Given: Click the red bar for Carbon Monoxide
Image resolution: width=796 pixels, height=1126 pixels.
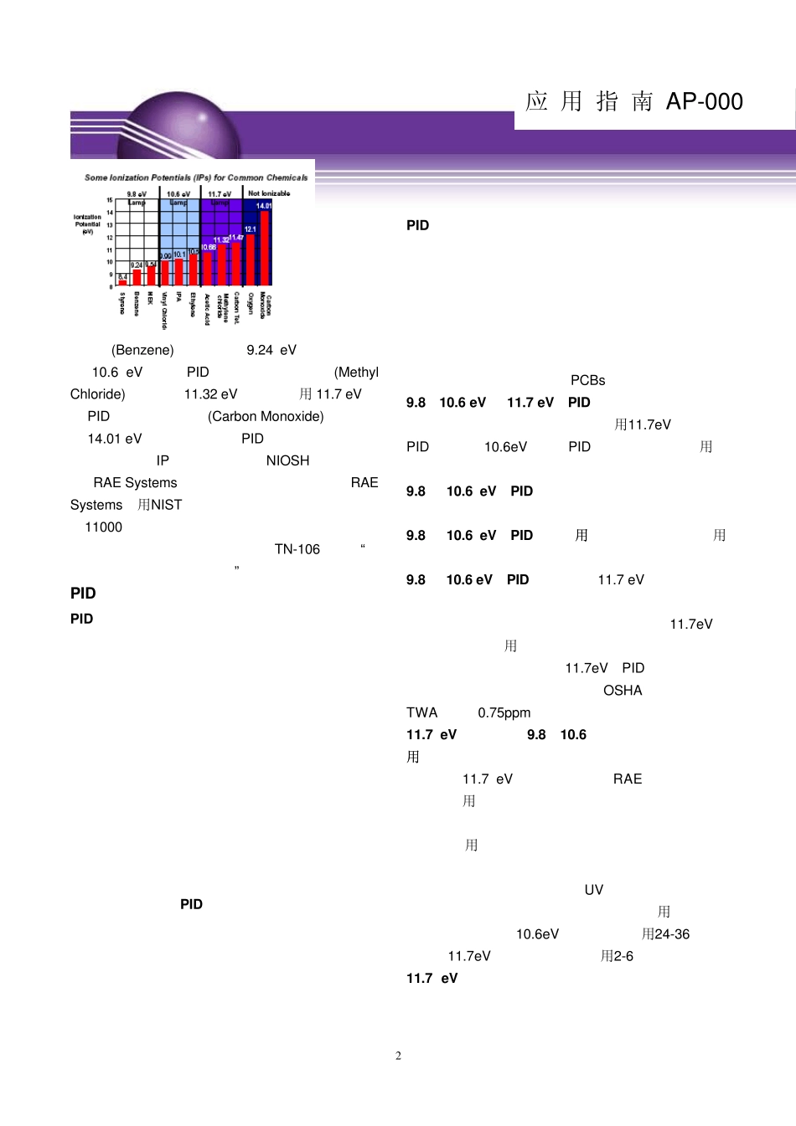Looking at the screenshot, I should [x=265, y=248].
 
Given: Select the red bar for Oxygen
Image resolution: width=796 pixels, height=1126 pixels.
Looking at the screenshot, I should [x=251, y=260].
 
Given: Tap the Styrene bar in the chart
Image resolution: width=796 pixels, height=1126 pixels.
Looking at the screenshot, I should [x=122, y=283].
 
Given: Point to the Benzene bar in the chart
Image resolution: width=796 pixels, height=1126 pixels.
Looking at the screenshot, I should [x=137, y=277].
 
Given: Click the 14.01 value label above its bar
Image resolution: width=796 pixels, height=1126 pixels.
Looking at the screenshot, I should [x=264, y=206].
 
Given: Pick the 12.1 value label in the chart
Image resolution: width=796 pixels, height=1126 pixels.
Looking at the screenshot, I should [x=250, y=229].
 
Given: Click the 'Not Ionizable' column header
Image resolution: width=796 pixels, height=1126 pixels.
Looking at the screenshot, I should [x=269, y=193].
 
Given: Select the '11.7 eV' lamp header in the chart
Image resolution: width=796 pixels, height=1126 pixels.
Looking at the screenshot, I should [x=220, y=194].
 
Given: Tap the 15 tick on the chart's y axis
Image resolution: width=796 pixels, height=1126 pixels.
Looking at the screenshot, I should [x=110, y=200].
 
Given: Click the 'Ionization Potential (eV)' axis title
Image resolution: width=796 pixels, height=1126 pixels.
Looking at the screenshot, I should [x=87, y=224].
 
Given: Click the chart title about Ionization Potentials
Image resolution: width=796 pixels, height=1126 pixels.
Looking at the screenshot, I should [x=196, y=177].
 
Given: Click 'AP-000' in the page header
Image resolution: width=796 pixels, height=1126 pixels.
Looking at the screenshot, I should [x=705, y=101].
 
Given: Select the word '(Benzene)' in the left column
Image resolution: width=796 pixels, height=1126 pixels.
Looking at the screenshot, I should [x=142, y=350].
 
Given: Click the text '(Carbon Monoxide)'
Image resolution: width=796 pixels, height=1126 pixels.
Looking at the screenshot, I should [x=266, y=416].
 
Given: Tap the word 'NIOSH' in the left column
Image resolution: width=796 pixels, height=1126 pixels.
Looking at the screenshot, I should [x=287, y=460].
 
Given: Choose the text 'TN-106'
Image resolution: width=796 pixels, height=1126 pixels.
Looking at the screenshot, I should [x=297, y=549].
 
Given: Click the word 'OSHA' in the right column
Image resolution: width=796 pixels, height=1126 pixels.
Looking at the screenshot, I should [x=623, y=691].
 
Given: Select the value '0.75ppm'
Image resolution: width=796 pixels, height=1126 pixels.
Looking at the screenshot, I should [x=504, y=712].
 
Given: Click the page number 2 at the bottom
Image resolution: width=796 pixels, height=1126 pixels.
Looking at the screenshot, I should [x=398, y=1056].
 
